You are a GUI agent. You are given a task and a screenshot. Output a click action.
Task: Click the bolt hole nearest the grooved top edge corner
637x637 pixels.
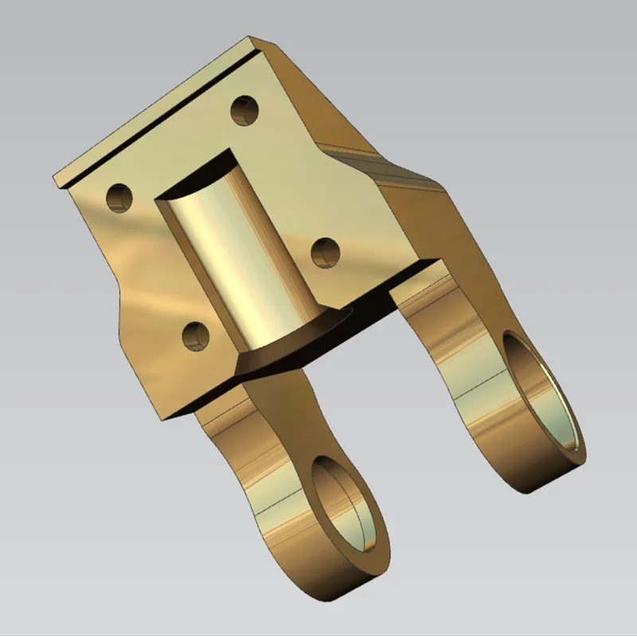point(245,110)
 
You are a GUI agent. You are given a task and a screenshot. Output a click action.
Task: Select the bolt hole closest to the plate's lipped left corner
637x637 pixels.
point(119,196)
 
